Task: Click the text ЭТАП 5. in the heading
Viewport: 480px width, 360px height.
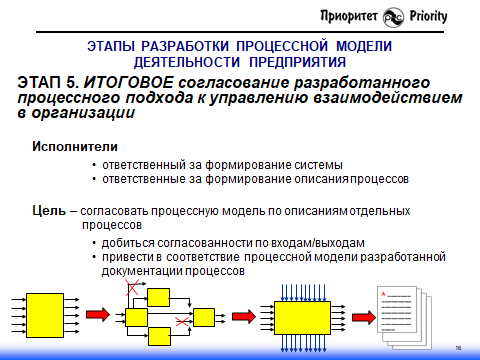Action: [48, 82]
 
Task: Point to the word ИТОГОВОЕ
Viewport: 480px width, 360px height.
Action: [124, 82]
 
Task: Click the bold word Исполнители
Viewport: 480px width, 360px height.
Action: [64, 147]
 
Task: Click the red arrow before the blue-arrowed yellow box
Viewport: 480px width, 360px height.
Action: [240, 314]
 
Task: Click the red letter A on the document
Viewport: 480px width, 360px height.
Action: [384, 292]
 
